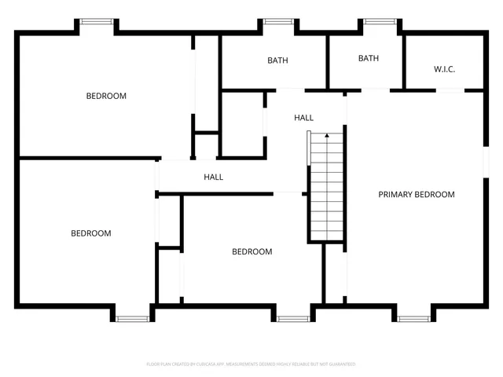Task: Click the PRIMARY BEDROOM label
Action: coord(417,195)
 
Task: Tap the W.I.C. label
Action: coord(444,69)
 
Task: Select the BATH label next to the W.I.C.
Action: coord(369,58)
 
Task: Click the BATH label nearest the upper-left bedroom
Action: coord(277,60)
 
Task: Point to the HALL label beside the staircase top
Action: coord(304,118)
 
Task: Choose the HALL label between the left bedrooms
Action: coord(213,178)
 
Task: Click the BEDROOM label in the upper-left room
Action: coord(106,97)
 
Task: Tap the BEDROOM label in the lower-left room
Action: coord(91,233)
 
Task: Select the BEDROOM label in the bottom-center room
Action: coord(251,252)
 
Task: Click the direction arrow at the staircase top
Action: coord(327,136)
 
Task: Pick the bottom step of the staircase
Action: coord(327,236)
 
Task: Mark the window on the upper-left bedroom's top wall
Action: coord(96,22)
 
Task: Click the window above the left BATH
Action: coord(277,22)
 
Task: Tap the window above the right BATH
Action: coord(379,22)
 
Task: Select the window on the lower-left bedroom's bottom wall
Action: coord(133,318)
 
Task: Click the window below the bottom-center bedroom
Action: coord(293,318)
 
